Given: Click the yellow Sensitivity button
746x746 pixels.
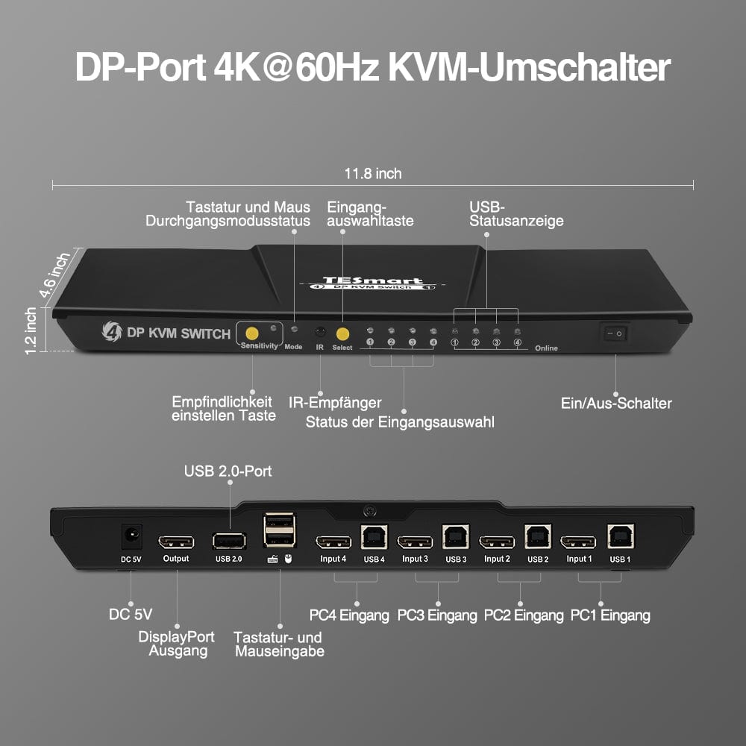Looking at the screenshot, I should pos(252,333).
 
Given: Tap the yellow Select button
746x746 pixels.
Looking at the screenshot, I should pos(343,333).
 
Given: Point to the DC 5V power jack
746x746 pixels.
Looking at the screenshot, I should pos(132,535).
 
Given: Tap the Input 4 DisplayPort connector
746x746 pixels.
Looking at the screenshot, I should pos(333,542).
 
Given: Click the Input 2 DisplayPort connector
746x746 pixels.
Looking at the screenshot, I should pos(496,542).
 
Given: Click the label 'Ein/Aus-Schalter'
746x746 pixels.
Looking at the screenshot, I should pos(616,404).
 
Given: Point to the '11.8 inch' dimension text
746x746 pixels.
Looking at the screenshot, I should pos(373,174).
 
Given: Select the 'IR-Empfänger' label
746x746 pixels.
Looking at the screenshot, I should pos(335,403).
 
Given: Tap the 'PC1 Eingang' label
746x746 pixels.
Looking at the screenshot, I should pos(610,615).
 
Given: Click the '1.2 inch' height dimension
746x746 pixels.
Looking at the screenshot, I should pos(31,330).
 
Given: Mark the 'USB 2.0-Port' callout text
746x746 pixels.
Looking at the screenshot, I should pos(228,471).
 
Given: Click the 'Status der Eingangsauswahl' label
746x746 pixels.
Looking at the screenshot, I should pos(400,422).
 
